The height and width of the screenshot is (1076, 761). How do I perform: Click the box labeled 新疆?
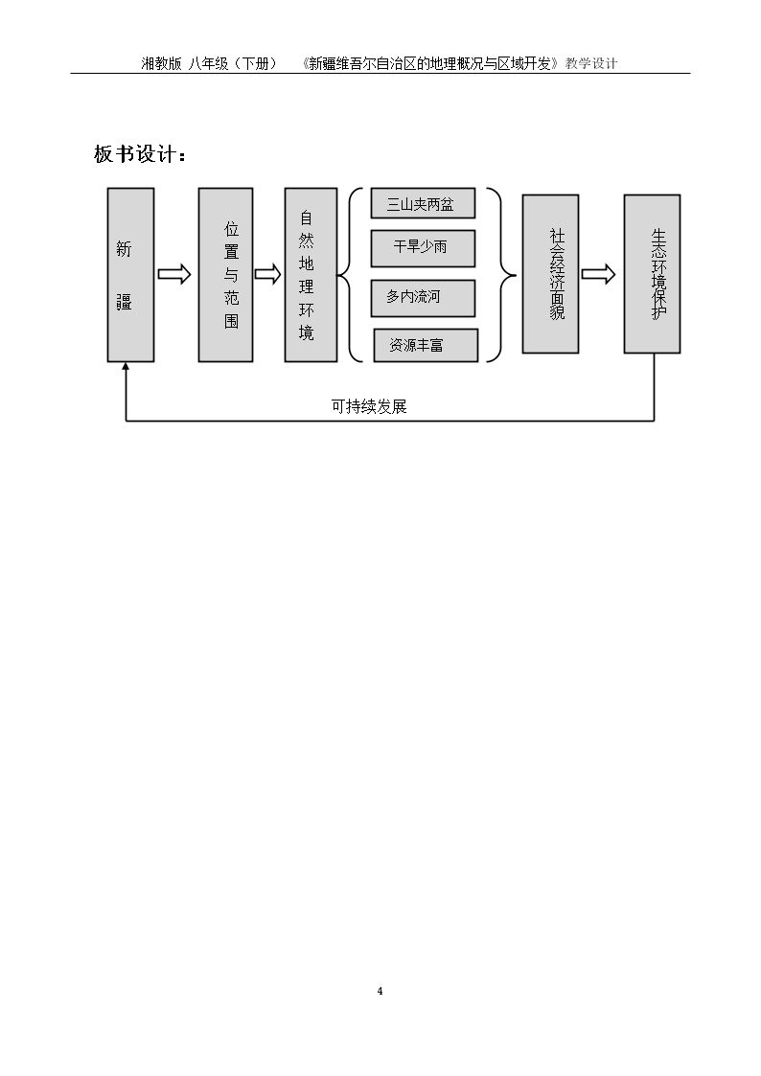coord(130,274)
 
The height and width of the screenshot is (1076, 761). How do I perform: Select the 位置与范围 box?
coord(226,274)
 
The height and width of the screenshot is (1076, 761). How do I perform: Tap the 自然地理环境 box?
coord(311,274)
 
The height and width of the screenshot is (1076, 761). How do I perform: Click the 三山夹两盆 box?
coord(423,204)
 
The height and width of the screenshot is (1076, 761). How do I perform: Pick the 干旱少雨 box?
coord(423,248)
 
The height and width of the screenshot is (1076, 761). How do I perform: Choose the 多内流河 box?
coord(423,298)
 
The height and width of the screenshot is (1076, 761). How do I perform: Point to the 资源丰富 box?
coord(426,345)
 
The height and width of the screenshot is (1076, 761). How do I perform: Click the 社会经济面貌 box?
coord(550,274)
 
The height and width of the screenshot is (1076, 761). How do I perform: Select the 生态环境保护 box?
coord(652,274)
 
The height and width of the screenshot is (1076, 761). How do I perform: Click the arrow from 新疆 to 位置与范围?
coord(174,274)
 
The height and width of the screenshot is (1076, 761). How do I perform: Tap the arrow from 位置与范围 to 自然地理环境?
coord(267,274)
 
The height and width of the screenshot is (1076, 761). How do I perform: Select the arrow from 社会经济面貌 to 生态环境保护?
coord(598,274)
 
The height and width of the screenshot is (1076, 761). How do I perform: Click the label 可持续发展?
coord(369,407)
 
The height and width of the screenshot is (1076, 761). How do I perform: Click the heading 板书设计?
coord(140,153)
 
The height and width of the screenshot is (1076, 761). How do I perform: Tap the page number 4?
coord(380,991)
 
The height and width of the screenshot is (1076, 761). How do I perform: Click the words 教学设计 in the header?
coord(591,64)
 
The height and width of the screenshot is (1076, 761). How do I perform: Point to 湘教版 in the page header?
coord(161,64)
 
